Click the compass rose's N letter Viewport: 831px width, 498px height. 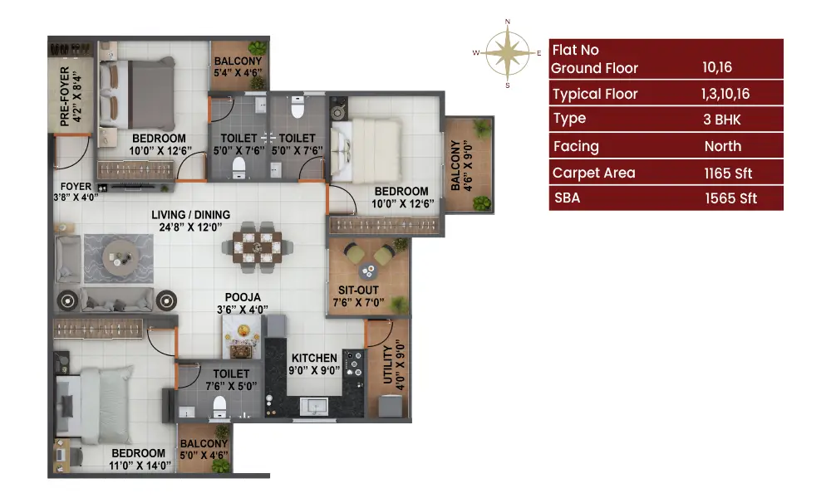(508, 22)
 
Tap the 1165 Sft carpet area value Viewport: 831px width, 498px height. (728, 173)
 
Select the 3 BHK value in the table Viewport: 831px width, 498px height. (722, 120)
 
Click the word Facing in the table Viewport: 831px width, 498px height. (576, 147)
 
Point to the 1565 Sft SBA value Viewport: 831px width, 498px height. (730, 198)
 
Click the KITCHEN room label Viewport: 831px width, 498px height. (314, 359)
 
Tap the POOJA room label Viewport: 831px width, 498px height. (243, 297)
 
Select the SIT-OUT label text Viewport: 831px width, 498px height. (359, 290)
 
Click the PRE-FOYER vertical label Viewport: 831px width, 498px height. (65, 96)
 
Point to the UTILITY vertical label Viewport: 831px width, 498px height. (387, 364)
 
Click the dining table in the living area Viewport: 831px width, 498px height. (258, 247)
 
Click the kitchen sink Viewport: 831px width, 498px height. (314, 407)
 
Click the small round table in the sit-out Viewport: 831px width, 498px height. (368, 271)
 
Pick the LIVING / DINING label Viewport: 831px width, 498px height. (191, 215)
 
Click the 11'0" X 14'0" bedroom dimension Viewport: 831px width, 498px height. (140, 466)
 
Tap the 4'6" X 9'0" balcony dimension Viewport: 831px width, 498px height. (467, 166)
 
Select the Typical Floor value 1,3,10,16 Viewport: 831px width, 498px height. (725, 94)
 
